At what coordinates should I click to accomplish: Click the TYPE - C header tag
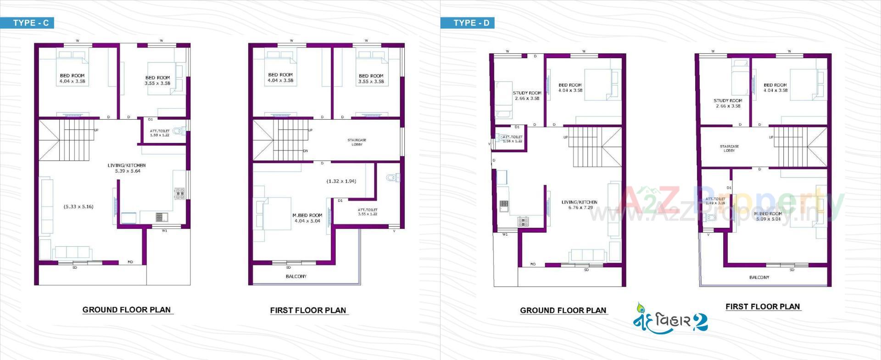point(30,23)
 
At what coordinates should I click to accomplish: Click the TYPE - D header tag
point(471,23)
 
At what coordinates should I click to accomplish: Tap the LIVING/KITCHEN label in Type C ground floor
point(127,166)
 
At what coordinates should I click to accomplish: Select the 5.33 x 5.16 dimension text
point(78,207)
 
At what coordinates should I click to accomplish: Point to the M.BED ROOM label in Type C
point(307,215)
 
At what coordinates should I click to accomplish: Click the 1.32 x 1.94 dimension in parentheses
point(341,181)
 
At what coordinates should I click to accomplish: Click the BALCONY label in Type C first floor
point(296,277)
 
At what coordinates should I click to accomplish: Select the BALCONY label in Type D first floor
point(759,277)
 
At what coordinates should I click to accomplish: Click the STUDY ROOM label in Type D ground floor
point(527,93)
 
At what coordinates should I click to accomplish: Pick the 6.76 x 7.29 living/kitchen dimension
point(580,208)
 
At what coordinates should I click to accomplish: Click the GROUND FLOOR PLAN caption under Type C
point(126,310)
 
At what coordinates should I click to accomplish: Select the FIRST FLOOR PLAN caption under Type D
point(762,307)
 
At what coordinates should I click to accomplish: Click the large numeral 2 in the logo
point(700,322)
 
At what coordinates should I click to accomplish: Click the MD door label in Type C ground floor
point(130,262)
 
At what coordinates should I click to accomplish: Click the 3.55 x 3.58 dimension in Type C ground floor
point(157,83)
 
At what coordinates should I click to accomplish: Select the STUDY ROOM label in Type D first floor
point(728,100)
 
